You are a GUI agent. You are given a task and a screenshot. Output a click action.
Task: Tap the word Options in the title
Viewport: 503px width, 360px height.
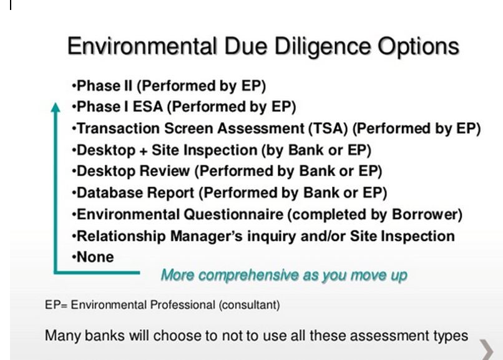(x=418, y=47)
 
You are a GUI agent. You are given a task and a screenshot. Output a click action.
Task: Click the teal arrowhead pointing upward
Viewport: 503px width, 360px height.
(x=56, y=107)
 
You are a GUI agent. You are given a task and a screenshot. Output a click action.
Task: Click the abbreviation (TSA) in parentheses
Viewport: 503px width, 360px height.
(x=328, y=129)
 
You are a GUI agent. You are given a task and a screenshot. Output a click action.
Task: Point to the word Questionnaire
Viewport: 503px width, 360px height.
(x=233, y=215)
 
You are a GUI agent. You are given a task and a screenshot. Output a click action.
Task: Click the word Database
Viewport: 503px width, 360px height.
(x=110, y=193)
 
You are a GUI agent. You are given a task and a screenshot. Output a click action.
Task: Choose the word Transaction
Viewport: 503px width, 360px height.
(x=119, y=129)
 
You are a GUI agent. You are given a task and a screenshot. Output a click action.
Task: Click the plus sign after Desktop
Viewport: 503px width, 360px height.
(x=144, y=151)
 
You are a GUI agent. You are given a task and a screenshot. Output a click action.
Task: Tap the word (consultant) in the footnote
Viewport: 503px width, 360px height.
(x=249, y=305)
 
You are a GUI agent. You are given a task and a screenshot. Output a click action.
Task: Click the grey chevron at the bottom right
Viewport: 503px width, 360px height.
(x=487, y=350)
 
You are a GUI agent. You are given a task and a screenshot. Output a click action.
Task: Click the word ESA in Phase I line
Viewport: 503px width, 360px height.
(x=148, y=107)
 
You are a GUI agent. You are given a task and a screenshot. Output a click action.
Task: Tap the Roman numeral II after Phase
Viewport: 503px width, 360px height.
(x=128, y=85)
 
